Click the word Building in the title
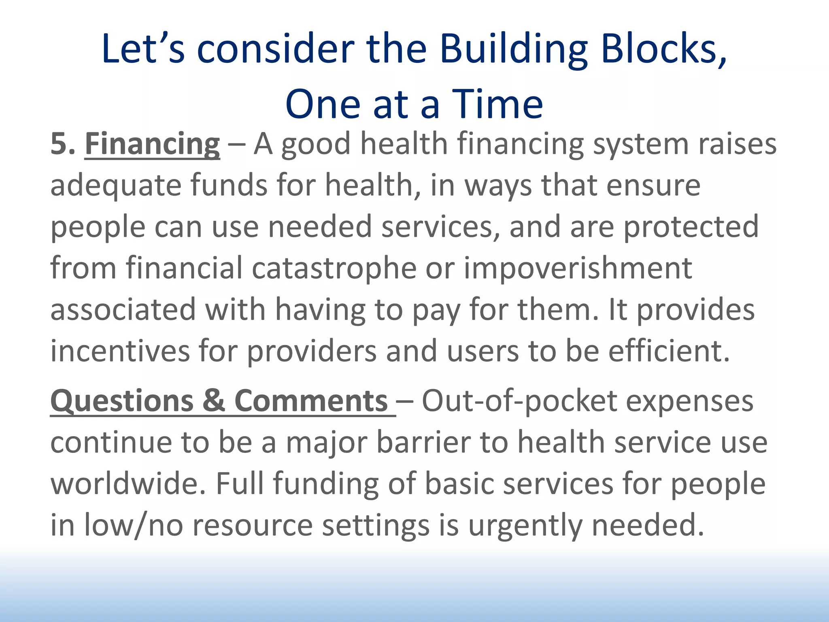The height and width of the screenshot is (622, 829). click(513, 49)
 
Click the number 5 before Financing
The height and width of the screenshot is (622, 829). click(59, 144)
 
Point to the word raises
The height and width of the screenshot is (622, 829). click(737, 144)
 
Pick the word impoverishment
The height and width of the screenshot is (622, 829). click(578, 268)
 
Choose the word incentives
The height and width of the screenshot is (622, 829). click(120, 351)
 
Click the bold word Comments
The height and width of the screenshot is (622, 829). click(311, 401)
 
